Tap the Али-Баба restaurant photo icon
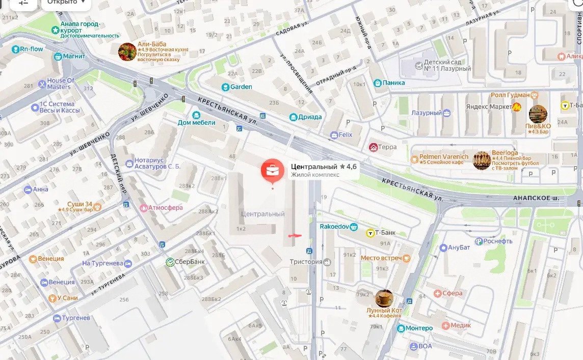[127, 52]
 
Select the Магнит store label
[74, 56]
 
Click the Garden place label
[241, 87]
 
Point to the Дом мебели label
[197, 122]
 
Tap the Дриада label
[310, 117]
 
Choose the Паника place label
[394, 82]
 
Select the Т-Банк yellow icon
[370, 233]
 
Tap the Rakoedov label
[334, 226]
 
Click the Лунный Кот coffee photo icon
[384, 298]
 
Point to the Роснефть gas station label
[497, 241]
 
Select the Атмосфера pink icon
[144, 208]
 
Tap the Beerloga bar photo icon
[482, 160]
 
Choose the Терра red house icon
[374, 147]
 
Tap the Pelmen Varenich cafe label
[443, 157]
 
